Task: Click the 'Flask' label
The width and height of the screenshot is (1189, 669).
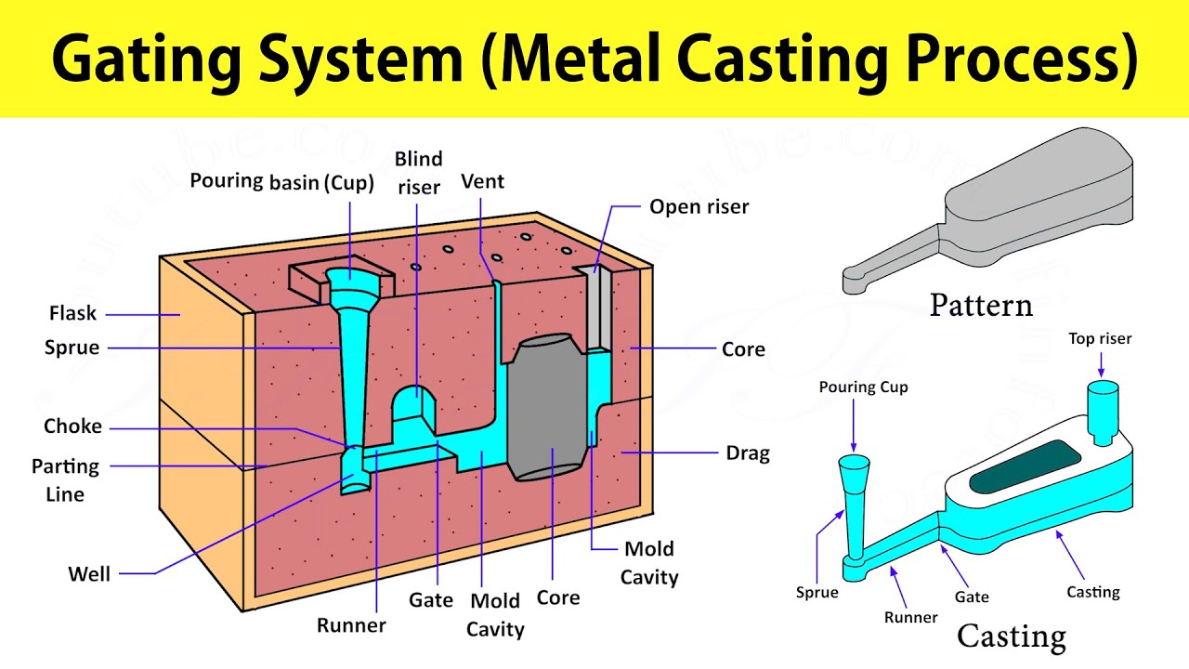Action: pyautogui.click(x=72, y=313)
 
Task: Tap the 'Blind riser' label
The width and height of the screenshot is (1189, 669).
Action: pyautogui.click(x=418, y=173)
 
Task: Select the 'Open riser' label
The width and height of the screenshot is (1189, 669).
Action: pyautogui.click(x=699, y=206)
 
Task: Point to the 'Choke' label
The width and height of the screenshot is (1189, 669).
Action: pyautogui.click(x=72, y=426)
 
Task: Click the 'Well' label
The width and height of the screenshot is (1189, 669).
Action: pyautogui.click(x=89, y=574)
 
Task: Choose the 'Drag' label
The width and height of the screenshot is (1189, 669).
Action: pyautogui.click(x=747, y=453)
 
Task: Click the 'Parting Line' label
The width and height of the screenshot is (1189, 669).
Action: pyautogui.click(x=65, y=479)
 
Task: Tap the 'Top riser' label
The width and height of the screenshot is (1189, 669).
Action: pyautogui.click(x=1100, y=339)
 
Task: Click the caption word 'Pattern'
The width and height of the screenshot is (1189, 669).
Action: pyautogui.click(x=981, y=305)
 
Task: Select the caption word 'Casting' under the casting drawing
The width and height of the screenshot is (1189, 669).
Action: pyautogui.click(x=1012, y=636)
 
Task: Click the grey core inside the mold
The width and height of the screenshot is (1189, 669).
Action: pyautogui.click(x=550, y=409)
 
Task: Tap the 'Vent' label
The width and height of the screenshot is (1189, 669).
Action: pyautogui.click(x=482, y=181)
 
